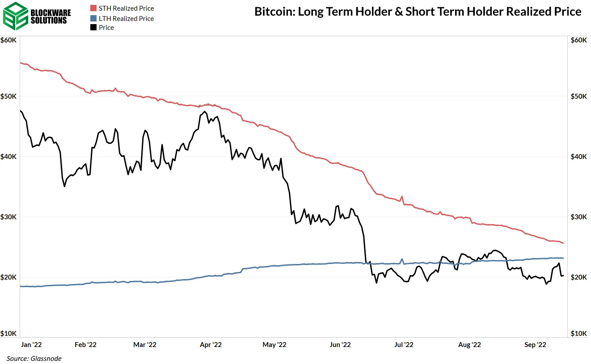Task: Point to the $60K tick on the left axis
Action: click(x=8, y=40)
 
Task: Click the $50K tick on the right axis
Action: click(x=579, y=96)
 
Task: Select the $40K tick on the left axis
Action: click(x=8, y=157)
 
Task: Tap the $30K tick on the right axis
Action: click(x=579, y=217)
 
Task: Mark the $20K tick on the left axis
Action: click(x=8, y=277)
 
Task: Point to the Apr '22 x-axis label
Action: click(x=211, y=345)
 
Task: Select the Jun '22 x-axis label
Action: click(x=340, y=345)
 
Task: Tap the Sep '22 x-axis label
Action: click(x=535, y=345)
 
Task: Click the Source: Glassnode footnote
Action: click(x=34, y=359)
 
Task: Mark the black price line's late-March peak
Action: click(x=205, y=111)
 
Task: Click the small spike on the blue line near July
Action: click(x=402, y=259)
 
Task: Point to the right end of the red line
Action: click(x=563, y=243)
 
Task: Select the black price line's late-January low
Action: click(x=64, y=186)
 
